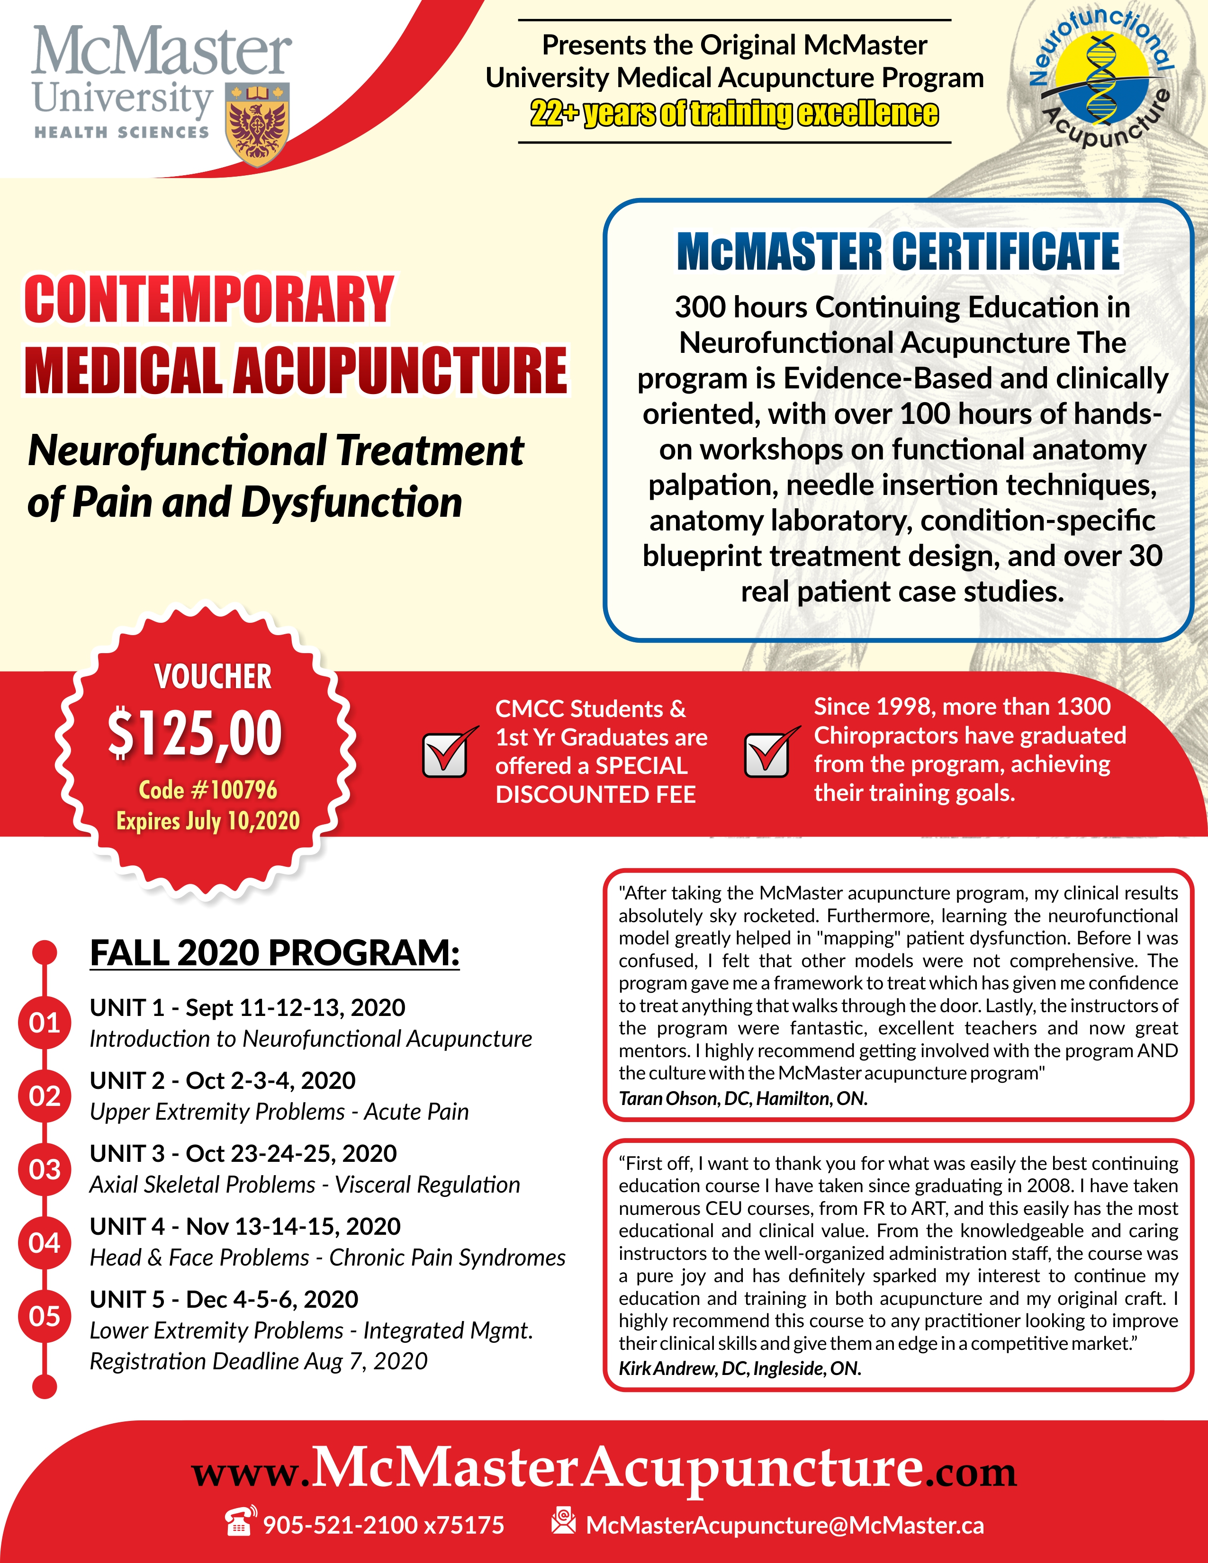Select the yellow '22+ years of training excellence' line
[734, 114]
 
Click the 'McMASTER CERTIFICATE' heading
[898, 252]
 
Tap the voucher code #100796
[207, 790]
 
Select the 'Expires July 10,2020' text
[207, 821]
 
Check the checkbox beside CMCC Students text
[446, 755]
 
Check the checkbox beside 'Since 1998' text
[767, 755]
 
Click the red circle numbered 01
[45, 1023]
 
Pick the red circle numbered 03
[45, 1169]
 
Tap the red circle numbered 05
[45, 1315]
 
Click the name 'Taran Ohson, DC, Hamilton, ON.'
[743, 1098]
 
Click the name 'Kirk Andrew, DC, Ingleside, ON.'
[740, 1368]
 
